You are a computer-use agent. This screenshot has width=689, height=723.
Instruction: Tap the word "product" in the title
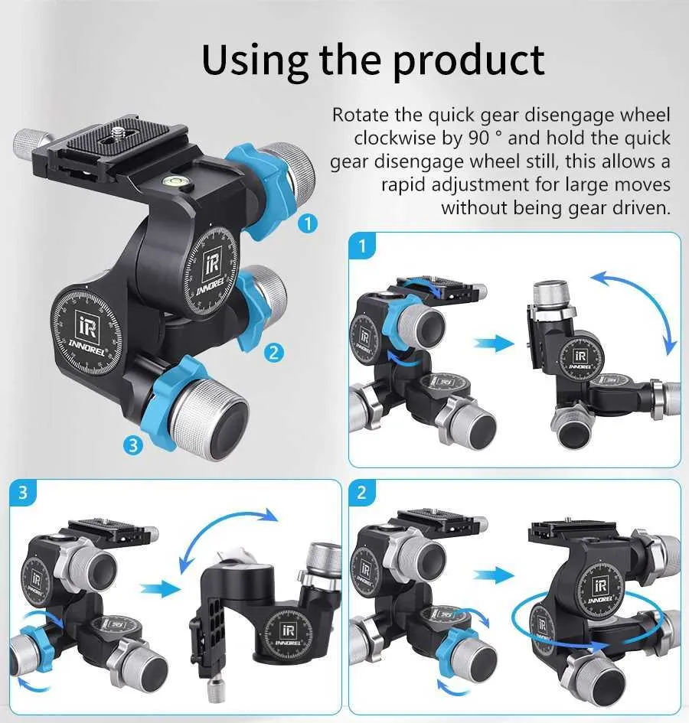pyautogui.click(x=469, y=60)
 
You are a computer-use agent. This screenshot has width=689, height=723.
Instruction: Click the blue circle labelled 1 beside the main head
pyautogui.click(x=308, y=223)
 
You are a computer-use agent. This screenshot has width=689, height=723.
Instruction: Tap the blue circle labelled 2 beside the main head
pyautogui.click(x=273, y=353)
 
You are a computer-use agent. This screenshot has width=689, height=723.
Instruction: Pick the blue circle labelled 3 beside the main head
pyautogui.click(x=133, y=445)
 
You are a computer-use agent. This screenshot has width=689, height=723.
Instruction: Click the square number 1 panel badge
pyautogui.click(x=362, y=246)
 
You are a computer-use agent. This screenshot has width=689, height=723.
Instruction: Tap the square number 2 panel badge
pyautogui.click(x=362, y=493)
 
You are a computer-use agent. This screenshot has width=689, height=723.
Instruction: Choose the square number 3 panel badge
pyautogui.click(x=23, y=493)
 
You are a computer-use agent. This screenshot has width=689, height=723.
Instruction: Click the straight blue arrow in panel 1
pyautogui.click(x=494, y=344)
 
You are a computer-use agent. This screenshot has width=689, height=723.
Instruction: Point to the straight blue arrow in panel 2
pyautogui.click(x=494, y=575)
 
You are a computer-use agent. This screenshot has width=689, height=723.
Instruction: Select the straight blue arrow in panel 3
pyautogui.click(x=160, y=589)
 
